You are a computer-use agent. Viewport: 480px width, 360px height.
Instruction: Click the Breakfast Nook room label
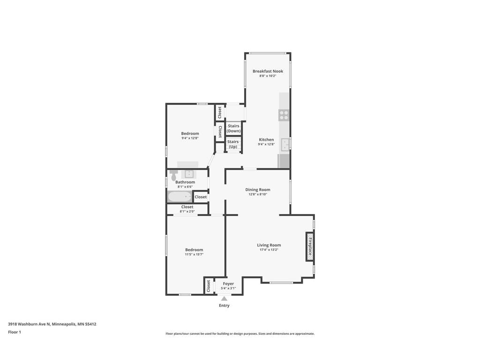coord(268,71)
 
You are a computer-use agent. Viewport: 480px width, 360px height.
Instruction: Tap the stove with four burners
coord(284,115)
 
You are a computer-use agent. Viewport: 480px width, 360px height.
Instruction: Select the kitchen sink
coord(285,144)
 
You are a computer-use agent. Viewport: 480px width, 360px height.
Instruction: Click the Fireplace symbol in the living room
coord(310,246)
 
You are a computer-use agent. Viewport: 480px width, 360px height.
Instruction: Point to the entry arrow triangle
coord(224,299)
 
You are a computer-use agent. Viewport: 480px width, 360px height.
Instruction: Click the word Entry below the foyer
coord(224,306)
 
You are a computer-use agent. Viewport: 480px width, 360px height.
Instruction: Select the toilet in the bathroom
coord(173,175)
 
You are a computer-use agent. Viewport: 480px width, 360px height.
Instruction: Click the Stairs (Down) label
coord(233,128)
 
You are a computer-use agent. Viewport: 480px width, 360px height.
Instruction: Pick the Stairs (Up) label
coord(233,144)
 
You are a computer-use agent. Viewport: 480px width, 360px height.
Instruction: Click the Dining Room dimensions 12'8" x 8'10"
coord(258,195)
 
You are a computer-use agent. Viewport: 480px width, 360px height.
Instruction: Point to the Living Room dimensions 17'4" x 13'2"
coord(269,250)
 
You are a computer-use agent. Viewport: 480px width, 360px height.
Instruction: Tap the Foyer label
coord(228,284)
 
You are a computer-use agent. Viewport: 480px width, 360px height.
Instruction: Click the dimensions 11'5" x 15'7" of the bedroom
coord(194,255)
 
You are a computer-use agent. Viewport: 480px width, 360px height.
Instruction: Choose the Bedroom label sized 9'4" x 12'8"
coord(190,134)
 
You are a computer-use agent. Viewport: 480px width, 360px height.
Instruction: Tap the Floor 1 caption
coord(15,332)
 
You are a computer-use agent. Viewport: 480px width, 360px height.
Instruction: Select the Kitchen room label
coord(266,140)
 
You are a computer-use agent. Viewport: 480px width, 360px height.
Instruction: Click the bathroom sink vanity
coord(189,173)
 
